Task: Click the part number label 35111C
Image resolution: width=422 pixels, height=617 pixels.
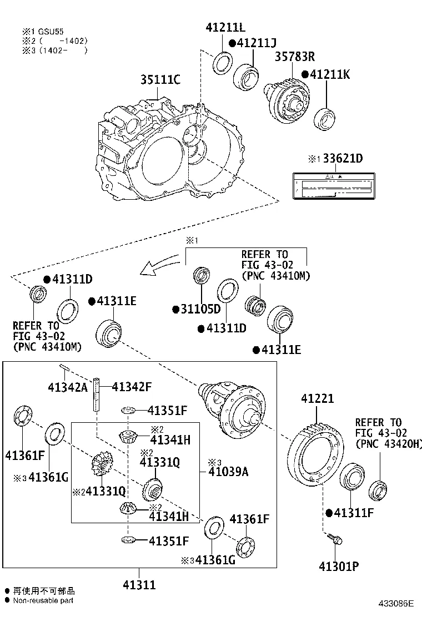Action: (x=160, y=80)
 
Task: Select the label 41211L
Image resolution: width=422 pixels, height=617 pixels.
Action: (x=225, y=27)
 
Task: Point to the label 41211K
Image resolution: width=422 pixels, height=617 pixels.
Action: (x=330, y=74)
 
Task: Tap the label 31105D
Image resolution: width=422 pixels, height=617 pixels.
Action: (x=200, y=308)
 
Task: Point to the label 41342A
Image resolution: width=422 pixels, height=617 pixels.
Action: (x=67, y=387)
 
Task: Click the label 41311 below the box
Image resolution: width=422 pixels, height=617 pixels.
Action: (x=139, y=584)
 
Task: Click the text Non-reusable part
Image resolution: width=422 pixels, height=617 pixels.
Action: (x=43, y=600)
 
